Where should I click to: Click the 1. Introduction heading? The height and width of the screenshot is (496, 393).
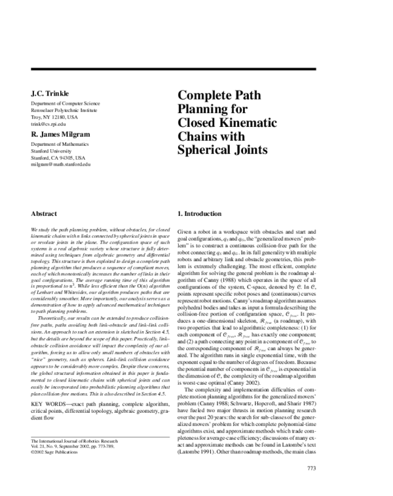[204, 214]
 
